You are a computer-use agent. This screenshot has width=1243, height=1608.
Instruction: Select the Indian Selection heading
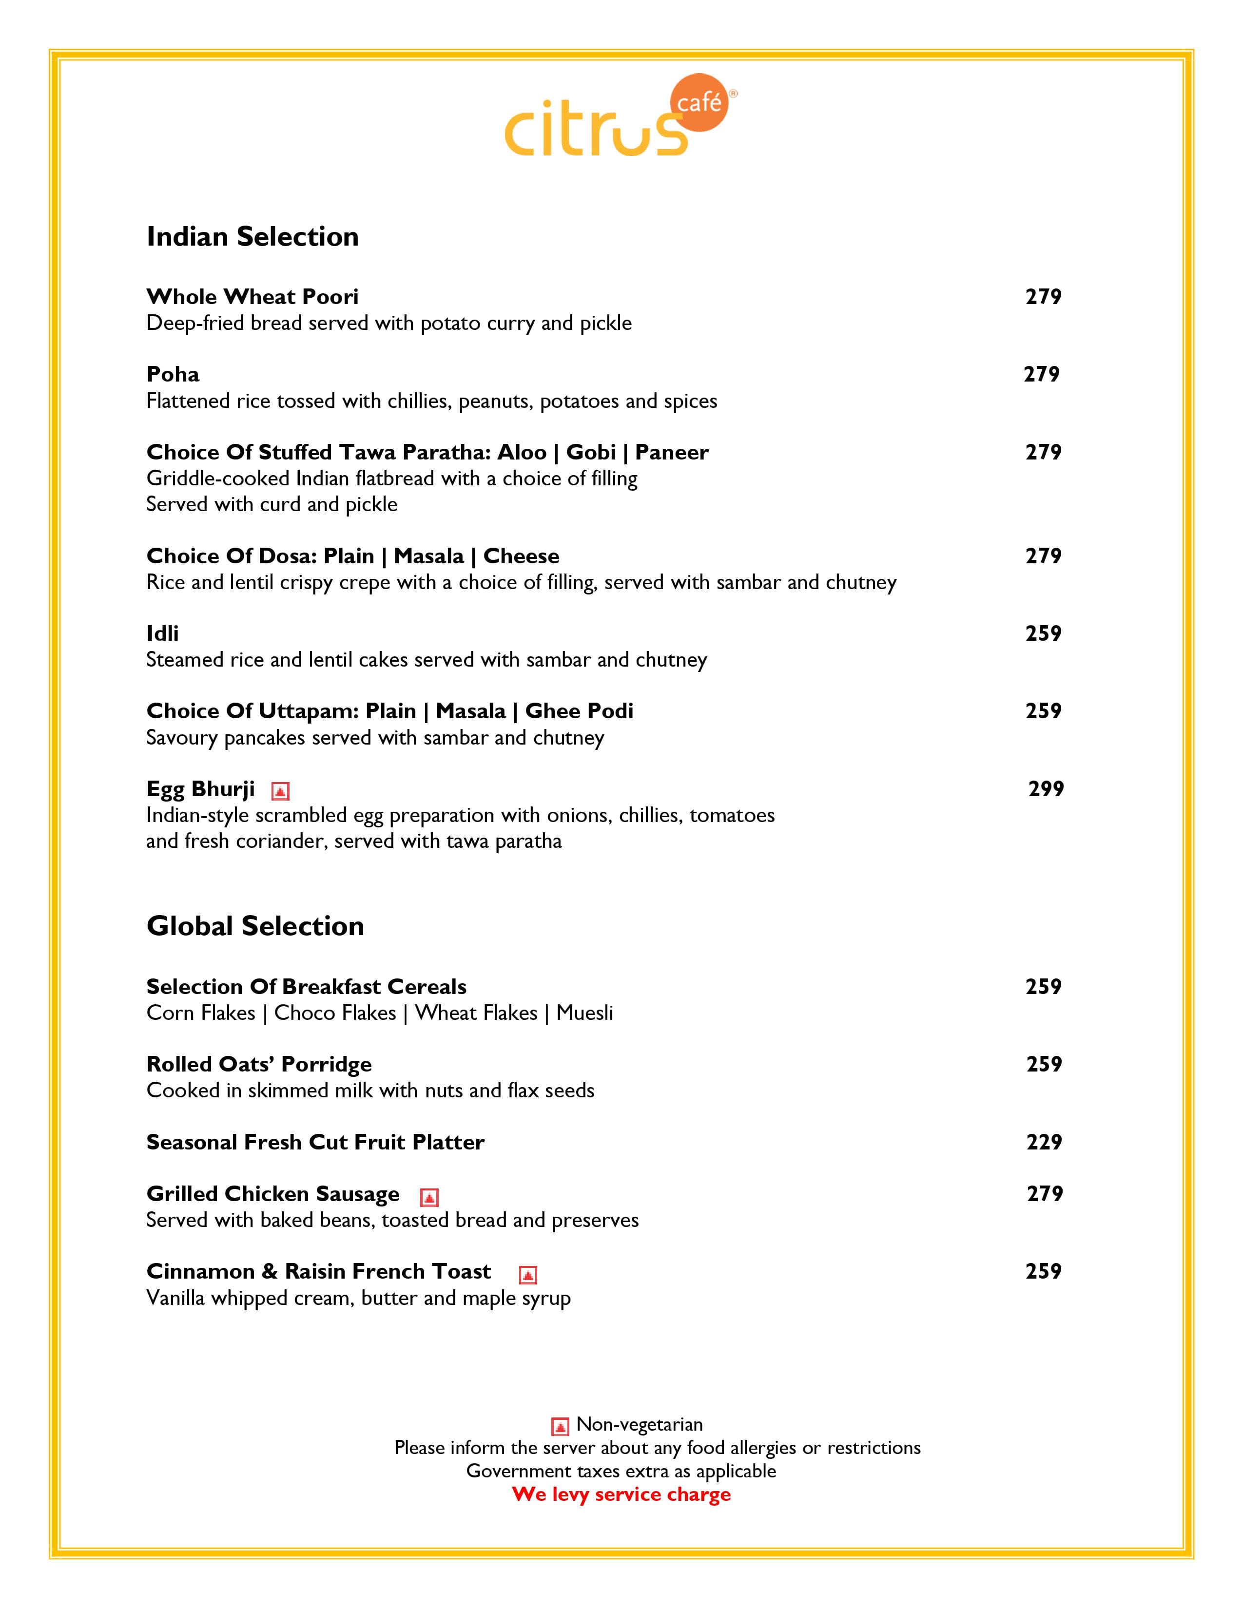252,236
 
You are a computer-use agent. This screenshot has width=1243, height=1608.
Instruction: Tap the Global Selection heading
255,925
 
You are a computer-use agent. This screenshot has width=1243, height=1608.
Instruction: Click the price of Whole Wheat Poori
1043,297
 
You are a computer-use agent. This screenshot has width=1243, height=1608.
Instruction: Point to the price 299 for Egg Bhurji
1046,788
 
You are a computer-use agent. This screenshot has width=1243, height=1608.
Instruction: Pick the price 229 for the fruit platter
1044,1142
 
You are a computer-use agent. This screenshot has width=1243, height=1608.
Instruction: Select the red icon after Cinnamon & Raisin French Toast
528,1275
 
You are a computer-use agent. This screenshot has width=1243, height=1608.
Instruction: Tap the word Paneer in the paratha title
672,452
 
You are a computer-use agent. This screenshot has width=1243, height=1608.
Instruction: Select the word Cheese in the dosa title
522,556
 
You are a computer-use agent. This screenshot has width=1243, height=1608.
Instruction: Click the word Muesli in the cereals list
584,1013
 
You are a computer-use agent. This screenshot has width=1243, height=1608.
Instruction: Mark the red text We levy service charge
621,1494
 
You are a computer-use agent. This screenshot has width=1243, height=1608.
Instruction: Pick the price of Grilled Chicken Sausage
1044,1193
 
